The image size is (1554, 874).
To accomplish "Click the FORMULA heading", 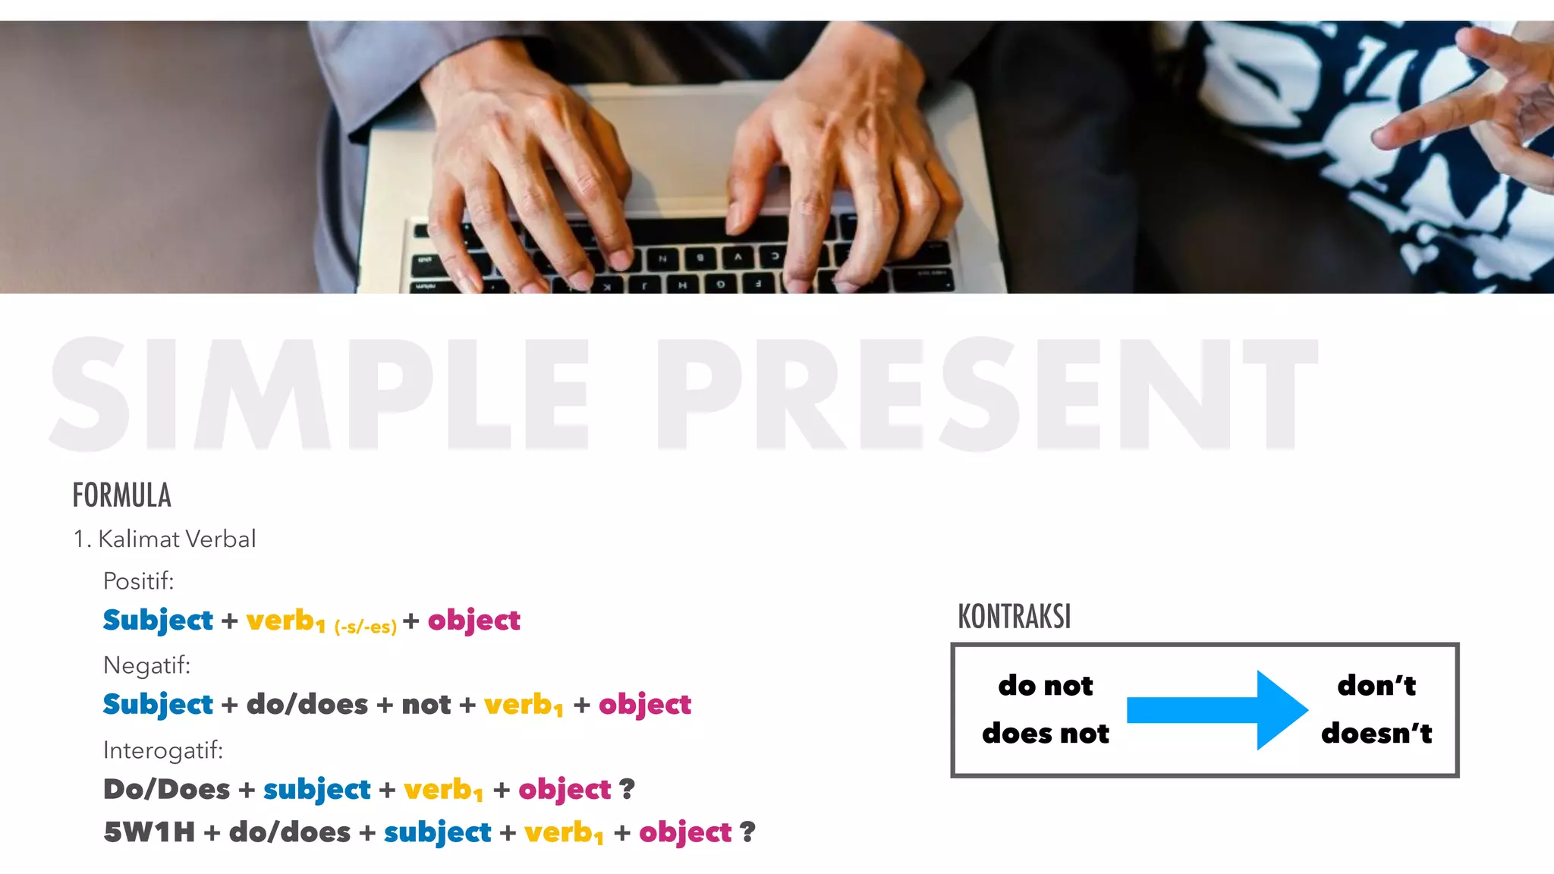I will pyautogui.click(x=121, y=495).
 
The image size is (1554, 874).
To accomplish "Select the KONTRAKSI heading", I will pyautogui.click(x=1014, y=617).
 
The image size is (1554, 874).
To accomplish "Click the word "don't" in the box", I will pyautogui.click(x=1376, y=685).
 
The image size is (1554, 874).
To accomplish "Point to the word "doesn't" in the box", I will pyautogui.click(x=1376, y=733).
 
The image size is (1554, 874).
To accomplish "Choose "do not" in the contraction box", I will pyautogui.click(x=1045, y=685).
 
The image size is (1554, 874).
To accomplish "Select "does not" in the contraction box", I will pyautogui.click(x=1045, y=733).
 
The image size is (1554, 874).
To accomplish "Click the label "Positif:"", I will pyautogui.click(x=138, y=581).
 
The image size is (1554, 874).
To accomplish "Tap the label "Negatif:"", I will pyautogui.click(x=146, y=665).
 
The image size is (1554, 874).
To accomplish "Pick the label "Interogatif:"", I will pyautogui.click(x=163, y=750).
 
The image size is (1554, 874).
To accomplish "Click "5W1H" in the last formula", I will pyautogui.click(x=149, y=832).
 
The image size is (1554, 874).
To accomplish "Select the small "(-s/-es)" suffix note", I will pyautogui.click(x=365, y=627).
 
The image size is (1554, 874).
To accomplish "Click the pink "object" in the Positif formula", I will pyautogui.click(x=473, y=621).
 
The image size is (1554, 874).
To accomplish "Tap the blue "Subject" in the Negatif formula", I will pyautogui.click(x=158, y=705).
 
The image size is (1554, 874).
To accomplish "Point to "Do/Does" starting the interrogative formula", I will pyautogui.click(x=166, y=789).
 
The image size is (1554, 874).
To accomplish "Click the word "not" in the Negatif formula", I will pyautogui.click(x=426, y=705).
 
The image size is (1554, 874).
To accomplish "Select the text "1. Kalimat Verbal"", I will pyautogui.click(x=164, y=539).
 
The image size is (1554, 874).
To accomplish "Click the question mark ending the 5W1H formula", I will pyautogui.click(x=747, y=832).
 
